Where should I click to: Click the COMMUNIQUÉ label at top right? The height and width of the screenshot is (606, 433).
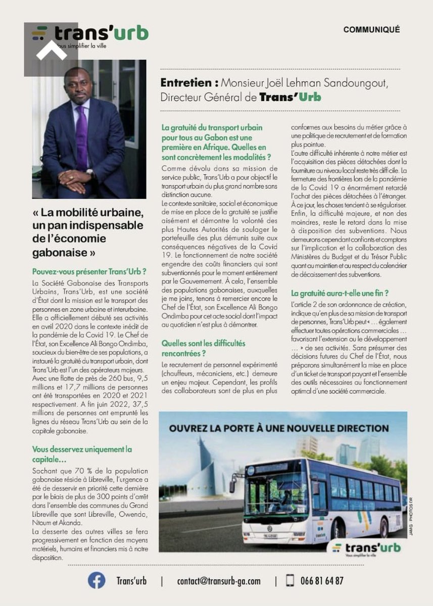pos(371,30)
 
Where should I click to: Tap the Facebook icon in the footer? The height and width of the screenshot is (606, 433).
pos(97,580)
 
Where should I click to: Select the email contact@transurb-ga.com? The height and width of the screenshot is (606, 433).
pos(218,581)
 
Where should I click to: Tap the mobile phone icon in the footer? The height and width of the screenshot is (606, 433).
pos(290,581)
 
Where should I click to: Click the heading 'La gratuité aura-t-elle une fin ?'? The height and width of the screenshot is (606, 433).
pos(340,293)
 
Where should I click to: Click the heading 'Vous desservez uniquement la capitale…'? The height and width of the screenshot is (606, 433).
pos(82,454)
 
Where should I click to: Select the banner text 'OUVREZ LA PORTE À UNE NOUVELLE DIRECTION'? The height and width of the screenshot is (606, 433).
pos(279,428)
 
